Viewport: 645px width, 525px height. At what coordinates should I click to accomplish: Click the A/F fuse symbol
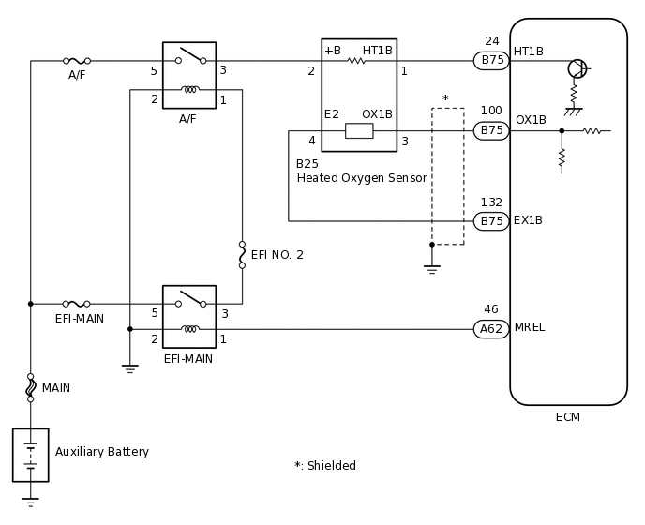pos(76,61)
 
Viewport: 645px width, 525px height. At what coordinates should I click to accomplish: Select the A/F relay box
pos(188,75)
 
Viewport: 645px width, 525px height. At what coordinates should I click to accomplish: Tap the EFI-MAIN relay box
pos(188,317)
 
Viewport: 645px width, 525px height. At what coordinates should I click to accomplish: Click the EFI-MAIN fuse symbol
pos(76,304)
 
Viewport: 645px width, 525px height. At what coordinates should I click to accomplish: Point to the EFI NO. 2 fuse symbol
pos(242,255)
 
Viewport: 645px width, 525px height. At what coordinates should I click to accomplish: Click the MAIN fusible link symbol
pos(30,387)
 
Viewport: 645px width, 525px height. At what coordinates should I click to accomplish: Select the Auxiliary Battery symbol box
pos(30,455)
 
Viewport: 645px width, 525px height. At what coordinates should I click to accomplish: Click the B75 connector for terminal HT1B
pos(491,61)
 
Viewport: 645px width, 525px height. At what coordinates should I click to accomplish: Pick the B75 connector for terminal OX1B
pos(491,130)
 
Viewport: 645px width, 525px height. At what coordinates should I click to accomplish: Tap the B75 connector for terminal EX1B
pos(491,221)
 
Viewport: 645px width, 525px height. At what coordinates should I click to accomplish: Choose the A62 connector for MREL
pos(491,328)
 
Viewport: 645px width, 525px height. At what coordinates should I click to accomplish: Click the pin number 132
pos(491,202)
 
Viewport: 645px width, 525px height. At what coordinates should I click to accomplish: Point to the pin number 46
pos(491,309)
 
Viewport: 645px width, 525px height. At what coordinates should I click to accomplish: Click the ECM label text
pos(568,417)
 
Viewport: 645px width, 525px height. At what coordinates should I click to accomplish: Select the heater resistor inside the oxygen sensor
pos(356,61)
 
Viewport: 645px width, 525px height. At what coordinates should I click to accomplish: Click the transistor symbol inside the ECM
pos(577,68)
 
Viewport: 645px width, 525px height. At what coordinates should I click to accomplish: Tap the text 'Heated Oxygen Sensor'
pos(362,178)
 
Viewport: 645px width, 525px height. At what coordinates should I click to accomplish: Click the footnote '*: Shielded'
pos(325,466)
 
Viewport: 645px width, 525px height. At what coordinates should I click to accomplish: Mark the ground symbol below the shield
pos(432,269)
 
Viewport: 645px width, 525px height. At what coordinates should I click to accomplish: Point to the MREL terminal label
pos(529,327)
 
